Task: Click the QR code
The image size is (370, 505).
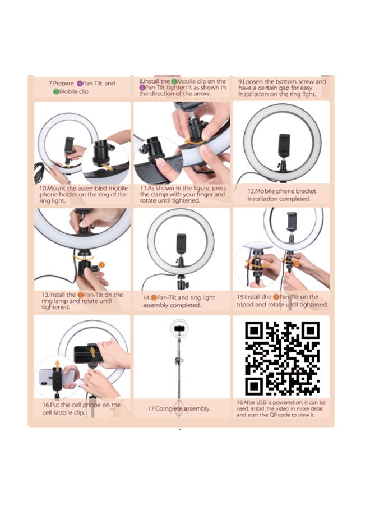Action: (282, 358)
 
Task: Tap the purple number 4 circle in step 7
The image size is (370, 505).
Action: (80, 84)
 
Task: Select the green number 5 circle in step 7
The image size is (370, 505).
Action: (56, 92)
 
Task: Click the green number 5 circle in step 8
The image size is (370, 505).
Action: (174, 82)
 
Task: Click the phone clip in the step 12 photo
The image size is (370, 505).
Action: (284, 145)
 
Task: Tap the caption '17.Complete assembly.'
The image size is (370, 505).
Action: (179, 408)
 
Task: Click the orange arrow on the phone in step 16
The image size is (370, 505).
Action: (92, 351)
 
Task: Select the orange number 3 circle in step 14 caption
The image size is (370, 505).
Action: (154, 298)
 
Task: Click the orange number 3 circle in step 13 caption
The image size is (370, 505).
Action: (80, 295)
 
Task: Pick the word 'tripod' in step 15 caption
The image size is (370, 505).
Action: (245, 305)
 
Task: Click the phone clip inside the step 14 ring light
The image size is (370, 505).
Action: (181, 245)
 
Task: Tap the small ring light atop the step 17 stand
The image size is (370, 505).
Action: (179, 328)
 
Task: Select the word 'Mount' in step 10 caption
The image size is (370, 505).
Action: (57, 189)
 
